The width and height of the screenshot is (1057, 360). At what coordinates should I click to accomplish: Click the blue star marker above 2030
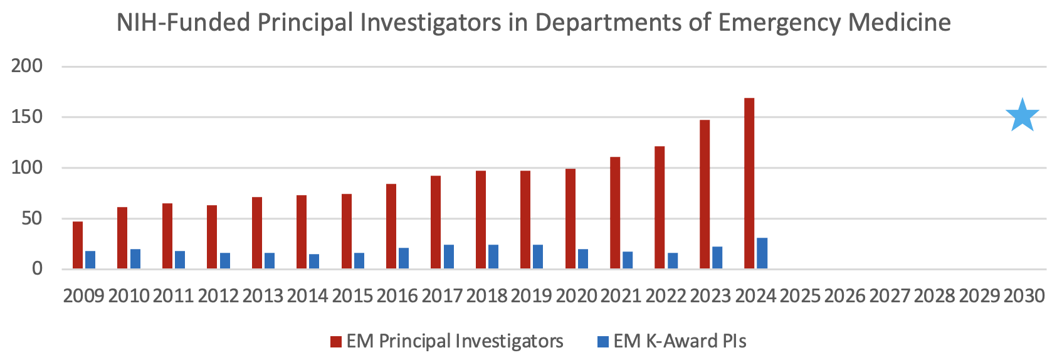tap(1023, 116)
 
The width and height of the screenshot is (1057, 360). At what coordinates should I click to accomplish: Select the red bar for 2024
tap(749, 183)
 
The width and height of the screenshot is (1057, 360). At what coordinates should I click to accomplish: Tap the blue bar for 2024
tap(762, 253)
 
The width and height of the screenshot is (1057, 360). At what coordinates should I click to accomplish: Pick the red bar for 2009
tap(78, 245)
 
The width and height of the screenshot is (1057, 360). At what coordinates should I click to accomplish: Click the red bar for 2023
tap(705, 194)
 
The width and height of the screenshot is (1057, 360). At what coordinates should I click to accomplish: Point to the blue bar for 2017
tap(449, 257)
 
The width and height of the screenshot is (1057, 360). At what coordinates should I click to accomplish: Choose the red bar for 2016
tap(391, 226)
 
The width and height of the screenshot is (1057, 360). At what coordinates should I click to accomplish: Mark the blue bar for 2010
tap(135, 259)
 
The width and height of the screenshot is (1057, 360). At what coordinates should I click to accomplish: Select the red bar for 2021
tap(615, 213)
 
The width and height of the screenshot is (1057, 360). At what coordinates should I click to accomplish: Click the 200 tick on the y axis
tap(27, 66)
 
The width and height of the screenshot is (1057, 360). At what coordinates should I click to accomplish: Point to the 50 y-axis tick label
tap(29, 219)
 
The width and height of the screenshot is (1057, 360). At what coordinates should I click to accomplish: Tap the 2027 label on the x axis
tap(890, 295)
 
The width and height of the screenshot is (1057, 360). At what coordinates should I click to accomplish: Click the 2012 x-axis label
tap(218, 295)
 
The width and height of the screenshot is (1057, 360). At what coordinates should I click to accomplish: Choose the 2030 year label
tap(1024, 295)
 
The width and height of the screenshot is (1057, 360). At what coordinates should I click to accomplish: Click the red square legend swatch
tap(335, 342)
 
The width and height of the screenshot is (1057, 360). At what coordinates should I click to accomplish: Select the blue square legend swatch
tap(602, 342)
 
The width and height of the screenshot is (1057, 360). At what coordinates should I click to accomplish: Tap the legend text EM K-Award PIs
tap(680, 341)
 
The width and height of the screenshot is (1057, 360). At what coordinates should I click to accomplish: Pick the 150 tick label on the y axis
tap(27, 117)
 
